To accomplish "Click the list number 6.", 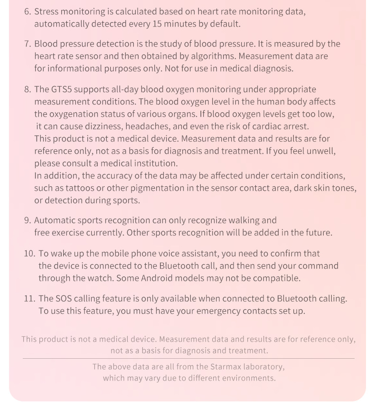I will (27, 11).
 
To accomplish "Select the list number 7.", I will (27, 44).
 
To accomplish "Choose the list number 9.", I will (27, 221).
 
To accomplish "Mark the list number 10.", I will (29, 254).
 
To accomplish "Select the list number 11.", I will (29, 299).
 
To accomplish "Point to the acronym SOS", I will (64, 299).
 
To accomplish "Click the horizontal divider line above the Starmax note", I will (188, 359).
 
